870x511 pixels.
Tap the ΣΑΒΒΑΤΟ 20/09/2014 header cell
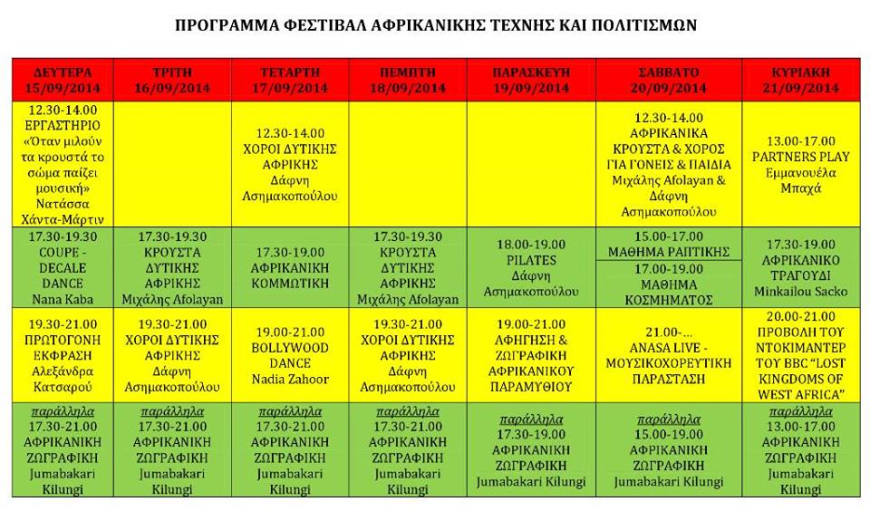(x=669, y=80)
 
